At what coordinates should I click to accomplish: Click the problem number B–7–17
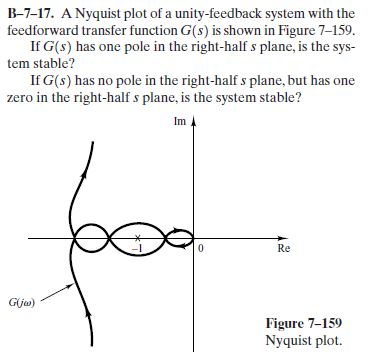coord(32,13)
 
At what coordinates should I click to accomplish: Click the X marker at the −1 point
coord(143,238)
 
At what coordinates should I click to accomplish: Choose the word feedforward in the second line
coord(36,29)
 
